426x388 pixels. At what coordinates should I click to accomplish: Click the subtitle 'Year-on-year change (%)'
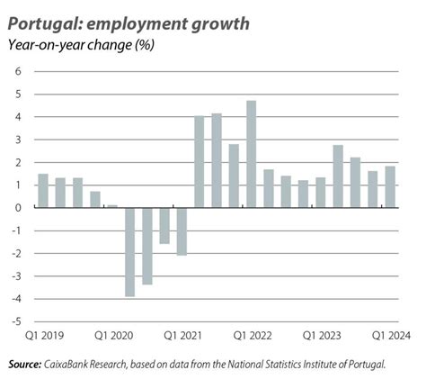(x=81, y=44)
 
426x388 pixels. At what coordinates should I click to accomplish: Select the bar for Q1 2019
(x=43, y=190)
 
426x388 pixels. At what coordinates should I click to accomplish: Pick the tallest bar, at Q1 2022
(x=252, y=154)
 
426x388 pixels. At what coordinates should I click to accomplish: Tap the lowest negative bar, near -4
(x=130, y=252)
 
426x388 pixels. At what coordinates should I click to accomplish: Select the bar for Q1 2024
(x=390, y=186)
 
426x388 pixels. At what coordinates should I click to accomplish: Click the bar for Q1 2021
(x=182, y=231)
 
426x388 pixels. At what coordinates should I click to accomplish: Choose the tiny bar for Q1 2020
(x=112, y=206)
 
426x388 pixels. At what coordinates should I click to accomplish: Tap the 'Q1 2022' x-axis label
(x=253, y=336)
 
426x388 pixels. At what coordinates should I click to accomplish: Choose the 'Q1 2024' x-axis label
(x=392, y=336)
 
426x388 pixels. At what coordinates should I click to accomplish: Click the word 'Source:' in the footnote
(x=24, y=365)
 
